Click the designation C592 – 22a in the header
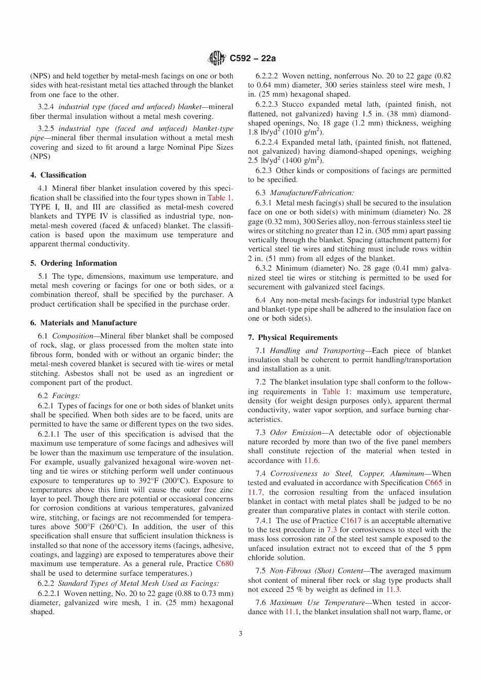point(253,59)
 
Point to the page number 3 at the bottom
point(240,633)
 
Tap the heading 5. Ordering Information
point(73,263)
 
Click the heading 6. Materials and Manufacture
point(84,323)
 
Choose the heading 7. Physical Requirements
point(293,337)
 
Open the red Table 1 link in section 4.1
point(219,198)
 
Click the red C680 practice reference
point(224,564)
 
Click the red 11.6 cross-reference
point(311,460)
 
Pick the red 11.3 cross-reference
point(393,589)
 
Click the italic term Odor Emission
point(296,433)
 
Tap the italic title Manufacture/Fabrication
point(312,193)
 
